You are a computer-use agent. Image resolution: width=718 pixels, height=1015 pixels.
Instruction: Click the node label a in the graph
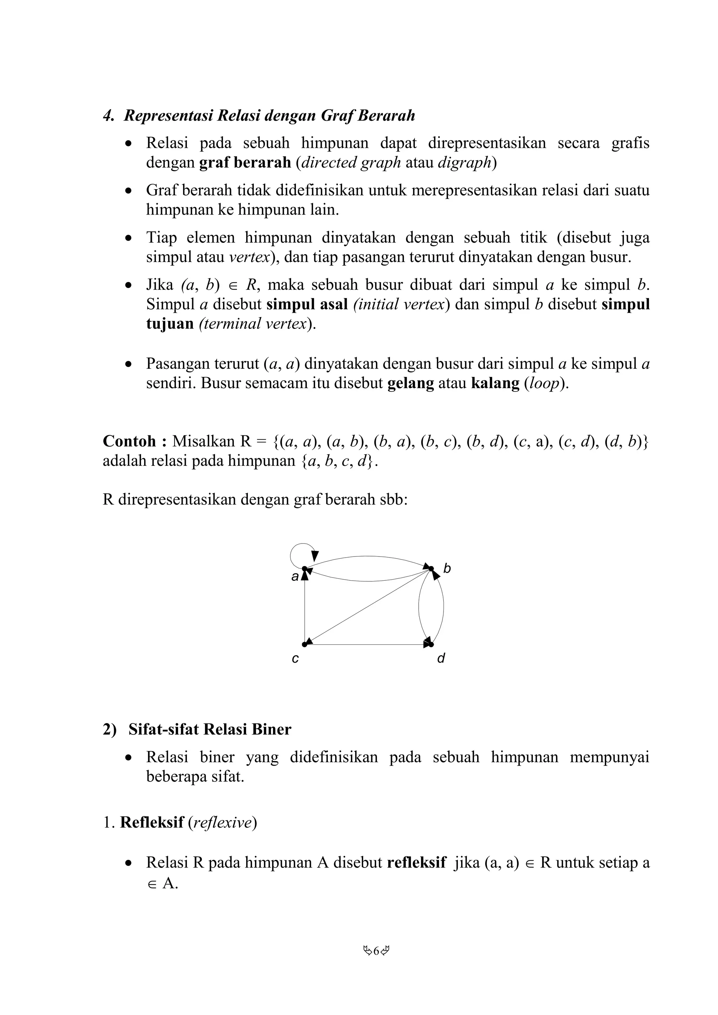pyautogui.click(x=294, y=577)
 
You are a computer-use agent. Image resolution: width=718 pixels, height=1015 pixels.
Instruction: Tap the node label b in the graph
pyautogui.click(x=447, y=569)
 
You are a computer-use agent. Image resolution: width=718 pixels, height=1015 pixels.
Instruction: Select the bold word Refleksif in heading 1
pyautogui.click(x=152, y=822)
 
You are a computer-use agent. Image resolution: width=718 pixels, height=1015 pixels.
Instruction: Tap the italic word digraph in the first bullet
pyautogui.click(x=465, y=163)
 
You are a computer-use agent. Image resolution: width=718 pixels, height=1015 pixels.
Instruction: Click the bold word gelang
pyautogui.click(x=411, y=383)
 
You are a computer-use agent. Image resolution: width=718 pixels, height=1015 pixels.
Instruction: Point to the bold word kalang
pyautogui.click(x=495, y=383)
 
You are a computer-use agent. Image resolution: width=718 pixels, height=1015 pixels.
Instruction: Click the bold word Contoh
pyautogui.click(x=130, y=441)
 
